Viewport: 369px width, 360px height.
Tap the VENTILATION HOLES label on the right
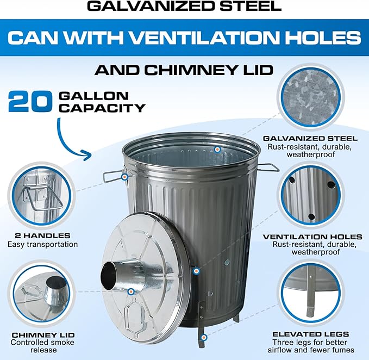312,237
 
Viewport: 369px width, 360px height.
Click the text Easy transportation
43,245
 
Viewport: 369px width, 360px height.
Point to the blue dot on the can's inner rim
217,149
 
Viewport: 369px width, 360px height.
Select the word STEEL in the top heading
255,7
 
